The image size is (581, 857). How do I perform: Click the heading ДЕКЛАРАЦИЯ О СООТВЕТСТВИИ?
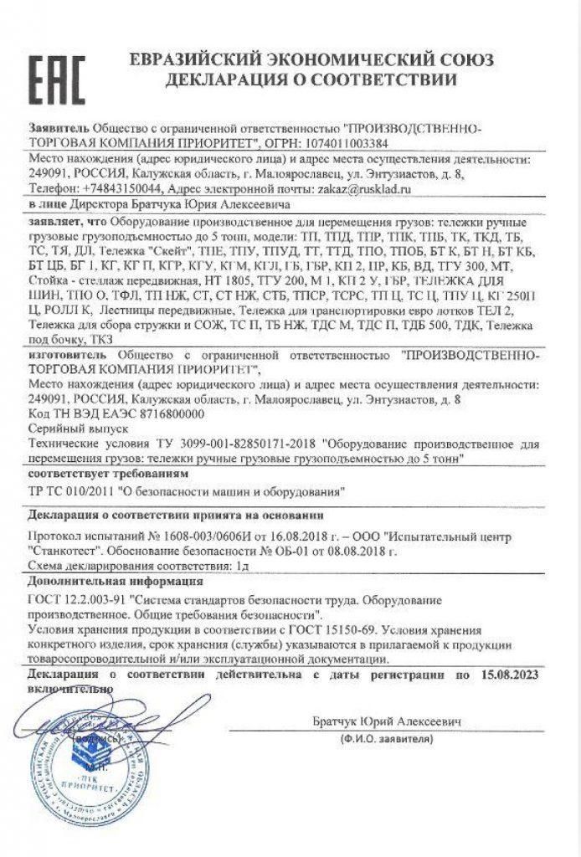(311, 81)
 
